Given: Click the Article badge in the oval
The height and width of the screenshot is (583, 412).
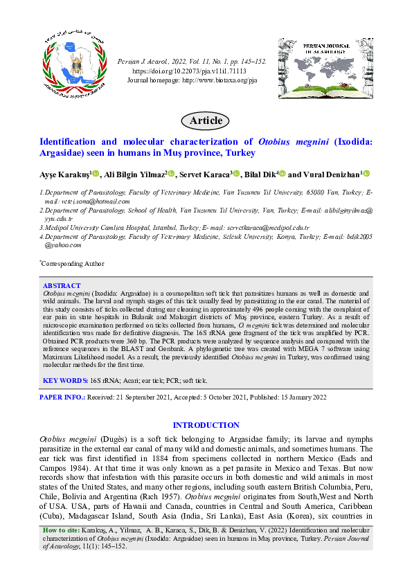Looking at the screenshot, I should (x=206, y=120).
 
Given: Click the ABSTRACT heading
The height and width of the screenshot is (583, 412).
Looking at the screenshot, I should (x=62, y=285).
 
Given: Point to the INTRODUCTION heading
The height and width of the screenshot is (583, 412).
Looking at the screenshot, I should (x=206, y=425).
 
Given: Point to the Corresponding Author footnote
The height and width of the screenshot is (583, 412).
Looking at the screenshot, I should (x=73, y=263).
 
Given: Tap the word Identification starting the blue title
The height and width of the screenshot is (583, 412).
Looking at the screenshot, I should (x=73, y=141).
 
